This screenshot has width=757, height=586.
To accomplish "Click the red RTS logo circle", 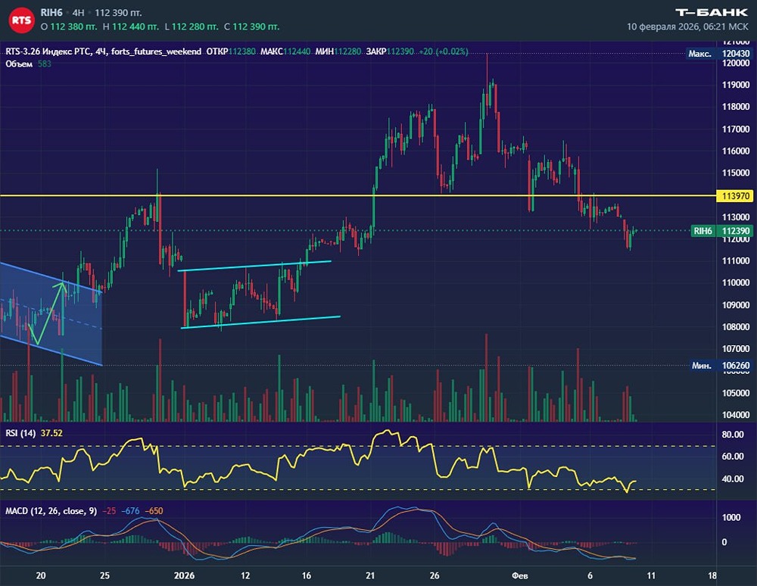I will coord(22,20).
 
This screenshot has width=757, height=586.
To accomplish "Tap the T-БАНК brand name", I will coord(712,12).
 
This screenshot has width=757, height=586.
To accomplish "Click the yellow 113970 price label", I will coord(736,196).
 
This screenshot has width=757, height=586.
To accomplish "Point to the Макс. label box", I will coord(699,54).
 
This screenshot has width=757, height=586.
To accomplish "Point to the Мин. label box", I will coord(701,365).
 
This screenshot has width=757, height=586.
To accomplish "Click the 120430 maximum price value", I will coord(736,54).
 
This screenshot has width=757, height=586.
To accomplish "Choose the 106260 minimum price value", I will coord(736,365).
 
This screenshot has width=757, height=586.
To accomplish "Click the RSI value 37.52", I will coord(51,433).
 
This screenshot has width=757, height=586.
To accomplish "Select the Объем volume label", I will coord(18,64).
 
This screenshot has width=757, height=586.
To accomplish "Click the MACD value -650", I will coord(155,511).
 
